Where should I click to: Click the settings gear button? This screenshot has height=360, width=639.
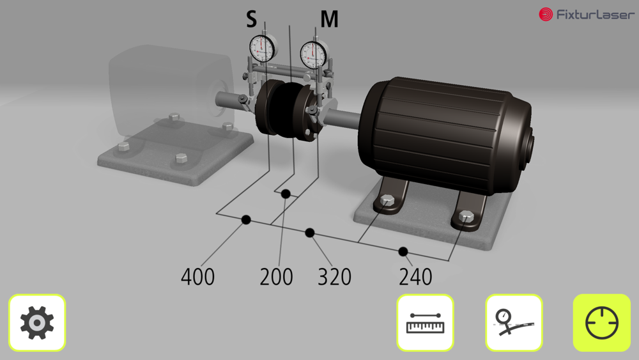pos(37,322)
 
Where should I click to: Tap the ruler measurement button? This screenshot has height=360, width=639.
pos(425,322)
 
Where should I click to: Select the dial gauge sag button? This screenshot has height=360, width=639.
pos(514,322)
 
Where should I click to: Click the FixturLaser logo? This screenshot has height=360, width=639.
pos(587,15)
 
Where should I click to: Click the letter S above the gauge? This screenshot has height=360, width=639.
pos(251,19)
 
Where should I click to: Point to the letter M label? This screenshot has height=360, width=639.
pos(329,19)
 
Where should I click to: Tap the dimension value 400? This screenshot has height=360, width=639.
pos(197,277)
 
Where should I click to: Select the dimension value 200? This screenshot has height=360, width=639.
pos(276,277)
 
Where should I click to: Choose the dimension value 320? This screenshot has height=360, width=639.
pos(334,277)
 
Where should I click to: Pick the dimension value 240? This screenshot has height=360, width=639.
pos(415,277)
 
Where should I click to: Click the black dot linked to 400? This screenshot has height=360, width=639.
pos(246,220)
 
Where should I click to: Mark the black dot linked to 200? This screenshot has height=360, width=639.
pos(286,194)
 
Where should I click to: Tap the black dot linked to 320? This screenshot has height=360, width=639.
pos(310,233)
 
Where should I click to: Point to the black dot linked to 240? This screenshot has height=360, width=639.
pos(403,251)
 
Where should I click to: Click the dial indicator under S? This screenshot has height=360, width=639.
pos(263,48)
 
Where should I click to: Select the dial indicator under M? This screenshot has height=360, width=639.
pos(314,54)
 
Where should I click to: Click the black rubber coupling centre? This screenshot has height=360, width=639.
pos(286,109)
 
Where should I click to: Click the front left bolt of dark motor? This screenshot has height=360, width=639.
pos(387,200)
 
